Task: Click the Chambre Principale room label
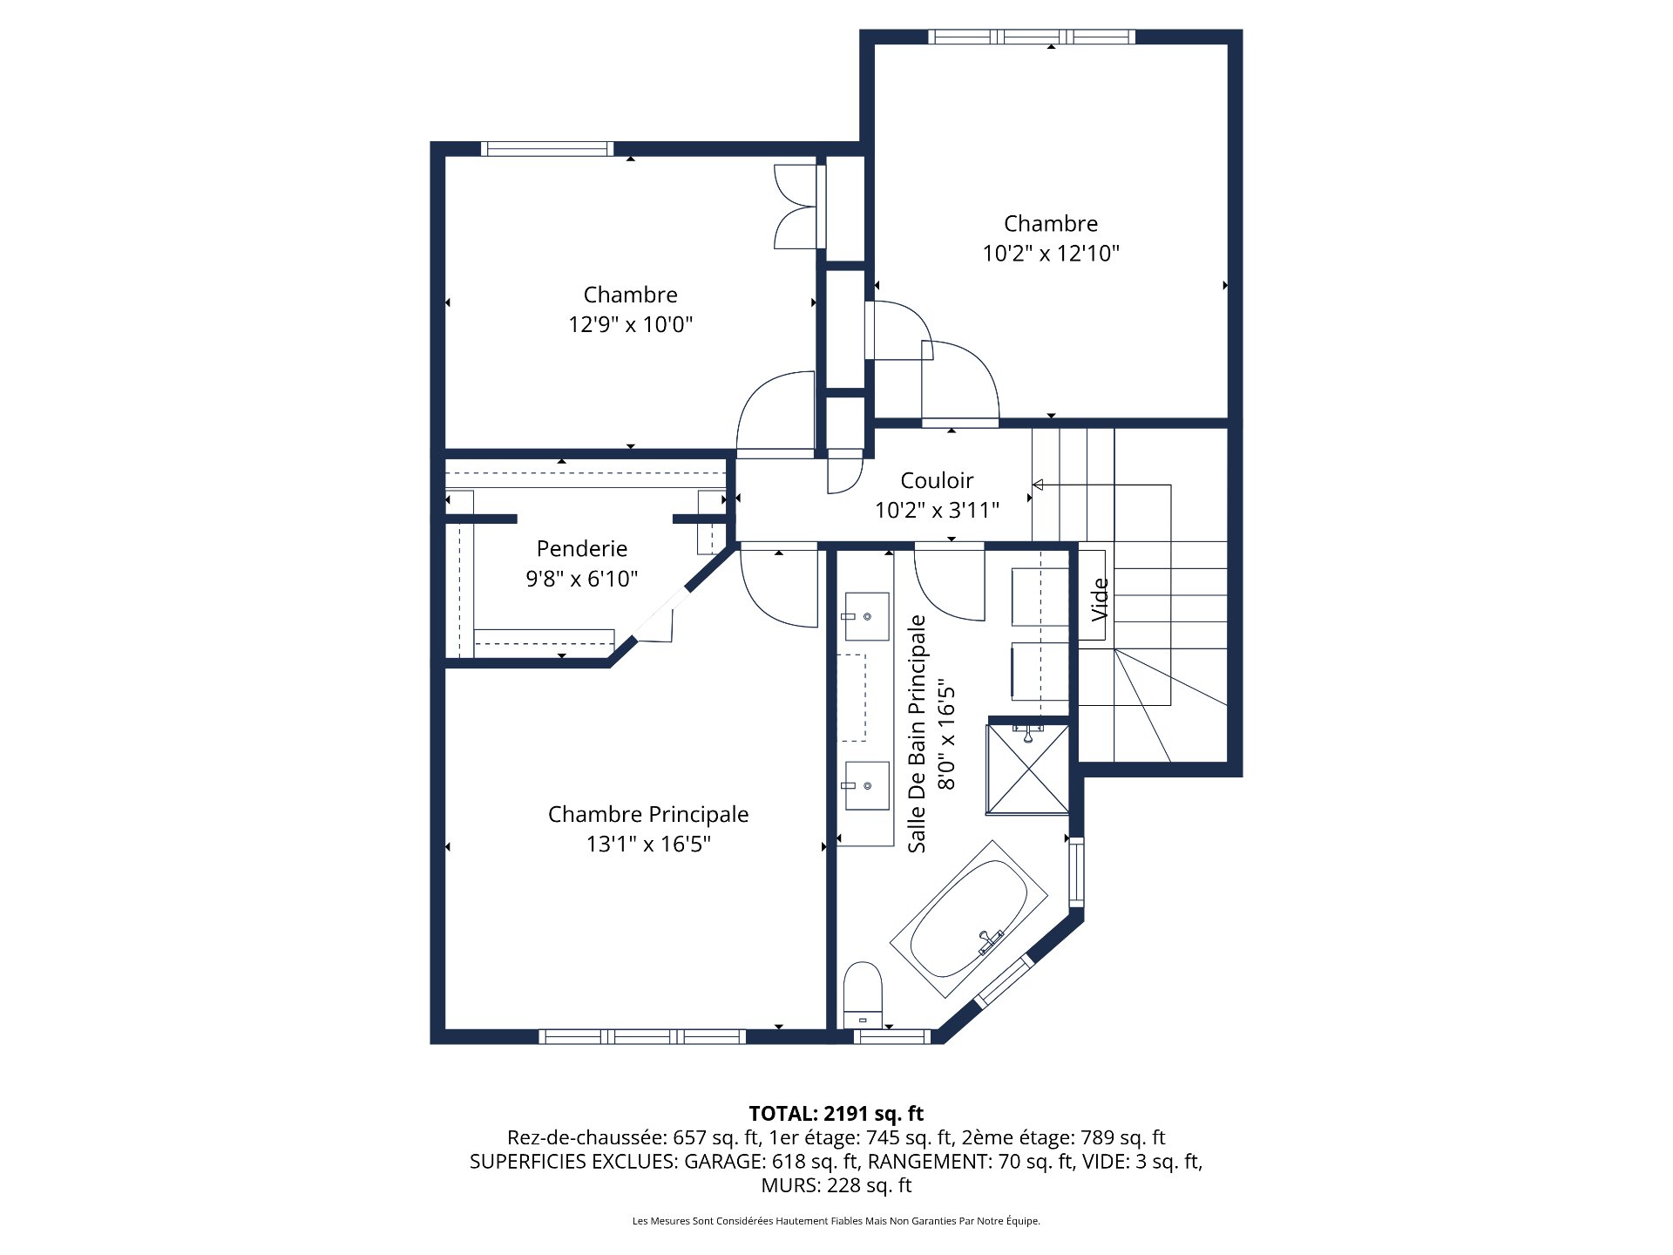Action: point(647,814)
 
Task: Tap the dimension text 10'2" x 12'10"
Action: point(1050,254)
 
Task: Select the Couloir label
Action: point(937,480)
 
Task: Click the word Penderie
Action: point(581,548)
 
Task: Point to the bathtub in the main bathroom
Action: point(968,919)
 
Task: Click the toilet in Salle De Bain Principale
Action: point(863,994)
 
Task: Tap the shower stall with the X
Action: point(1028,769)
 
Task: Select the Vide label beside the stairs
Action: point(1100,599)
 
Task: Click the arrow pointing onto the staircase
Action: point(1038,485)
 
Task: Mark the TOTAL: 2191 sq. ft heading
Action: point(836,1113)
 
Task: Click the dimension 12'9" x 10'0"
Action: point(630,325)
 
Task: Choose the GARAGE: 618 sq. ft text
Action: point(771,1161)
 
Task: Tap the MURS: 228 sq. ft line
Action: point(836,1185)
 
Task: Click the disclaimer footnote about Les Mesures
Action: point(836,1221)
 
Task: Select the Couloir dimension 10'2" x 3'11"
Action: point(937,511)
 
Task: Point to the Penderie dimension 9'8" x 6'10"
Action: point(581,579)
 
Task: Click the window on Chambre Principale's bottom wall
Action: point(642,1036)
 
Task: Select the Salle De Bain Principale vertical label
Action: point(917,734)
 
